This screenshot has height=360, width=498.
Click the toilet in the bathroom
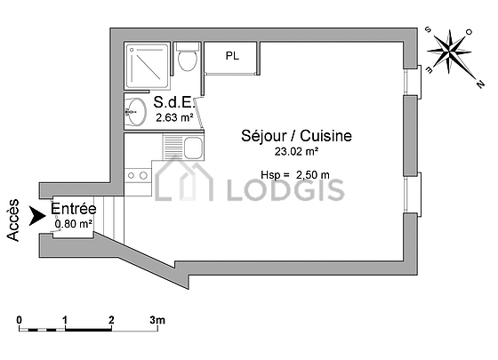click(x=188, y=56)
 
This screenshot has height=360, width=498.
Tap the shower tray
click(x=147, y=66)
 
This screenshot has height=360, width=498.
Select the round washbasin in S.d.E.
click(x=135, y=112)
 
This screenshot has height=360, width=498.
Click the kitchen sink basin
click(x=193, y=148)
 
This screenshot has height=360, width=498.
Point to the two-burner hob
click(x=137, y=175)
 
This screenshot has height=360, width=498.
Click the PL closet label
click(x=232, y=56)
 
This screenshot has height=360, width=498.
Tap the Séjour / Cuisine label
click(x=296, y=136)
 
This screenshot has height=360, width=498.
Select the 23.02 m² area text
click(x=296, y=151)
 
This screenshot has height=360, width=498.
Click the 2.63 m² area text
click(x=174, y=117)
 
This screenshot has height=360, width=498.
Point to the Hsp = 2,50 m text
click(x=295, y=174)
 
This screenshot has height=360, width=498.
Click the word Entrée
click(x=73, y=209)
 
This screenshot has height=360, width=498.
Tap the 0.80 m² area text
click(x=74, y=224)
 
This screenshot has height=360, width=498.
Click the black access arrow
click(x=37, y=216)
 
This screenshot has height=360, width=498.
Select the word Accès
click(x=13, y=220)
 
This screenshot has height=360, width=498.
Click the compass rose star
click(x=449, y=51)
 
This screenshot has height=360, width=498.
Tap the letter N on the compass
click(x=480, y=84)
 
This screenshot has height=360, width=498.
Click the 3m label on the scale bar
click(x=157, y=320)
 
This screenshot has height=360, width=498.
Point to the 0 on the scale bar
click(x=20, y=320)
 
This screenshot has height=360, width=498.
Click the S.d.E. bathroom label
click(x=173, y=102)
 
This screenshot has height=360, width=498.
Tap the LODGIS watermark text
click(x=285, y=190)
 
